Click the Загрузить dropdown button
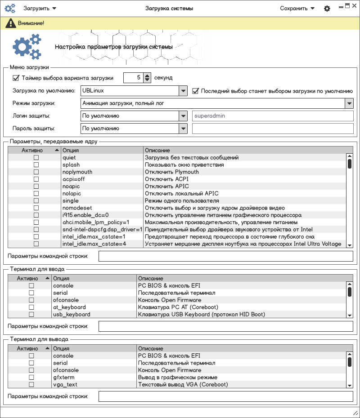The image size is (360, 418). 40,8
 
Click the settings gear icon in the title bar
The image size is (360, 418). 327,9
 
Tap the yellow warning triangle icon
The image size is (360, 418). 9,23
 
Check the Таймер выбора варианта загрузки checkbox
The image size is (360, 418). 16,78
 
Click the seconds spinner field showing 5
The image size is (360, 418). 134,78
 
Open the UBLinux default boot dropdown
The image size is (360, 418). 183,91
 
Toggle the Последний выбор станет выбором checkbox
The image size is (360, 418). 196,91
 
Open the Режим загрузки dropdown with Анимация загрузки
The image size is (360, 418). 349,103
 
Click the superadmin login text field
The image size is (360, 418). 272,116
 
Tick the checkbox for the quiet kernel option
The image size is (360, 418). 36,158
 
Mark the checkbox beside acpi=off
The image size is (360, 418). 36,179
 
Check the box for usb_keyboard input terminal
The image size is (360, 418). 31,315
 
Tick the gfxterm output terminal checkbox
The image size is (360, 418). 31,378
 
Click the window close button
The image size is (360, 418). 354,5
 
